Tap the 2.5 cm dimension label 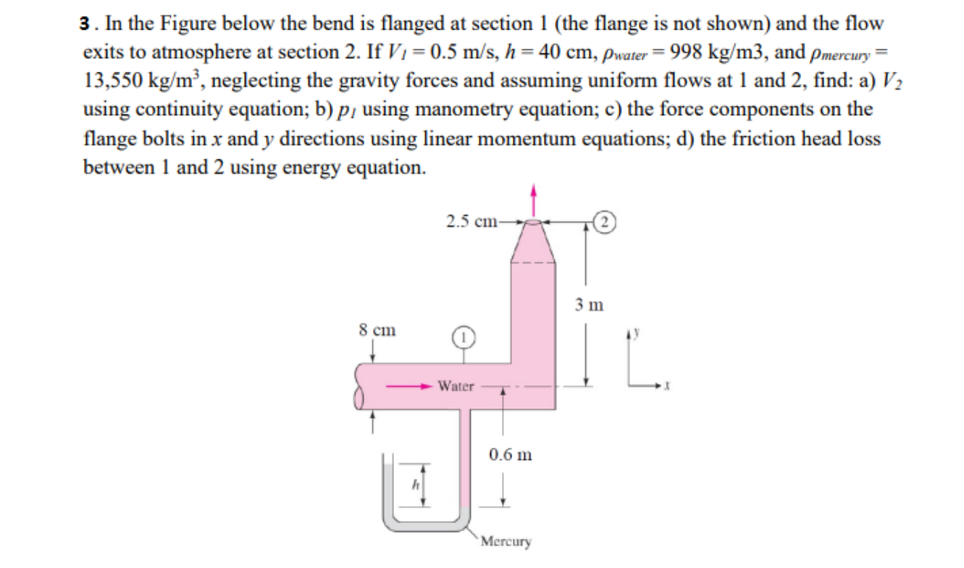(471, 222)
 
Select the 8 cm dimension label (377, 330)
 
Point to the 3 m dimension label (590, 304)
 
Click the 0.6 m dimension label (510, 455)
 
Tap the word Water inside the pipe (456, 386)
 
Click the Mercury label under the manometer (506, 541)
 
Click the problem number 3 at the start (86, 23)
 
